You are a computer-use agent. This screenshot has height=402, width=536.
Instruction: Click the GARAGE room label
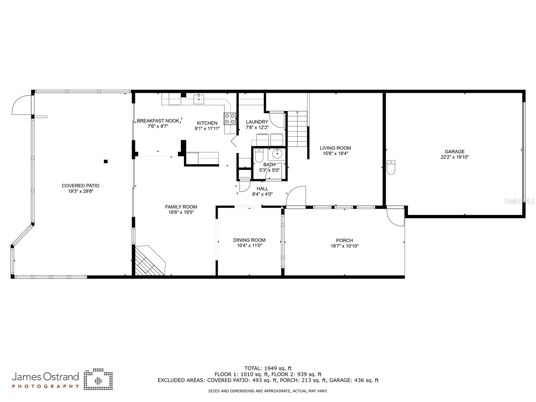tap(455, 151)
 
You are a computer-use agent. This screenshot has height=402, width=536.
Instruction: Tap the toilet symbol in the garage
tap(391, 167)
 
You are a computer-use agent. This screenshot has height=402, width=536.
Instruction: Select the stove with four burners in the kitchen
tap(230, 119)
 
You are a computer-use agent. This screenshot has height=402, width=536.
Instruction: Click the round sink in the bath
tap(277, 154)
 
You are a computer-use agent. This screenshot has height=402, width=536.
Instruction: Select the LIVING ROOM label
tap(335, 148)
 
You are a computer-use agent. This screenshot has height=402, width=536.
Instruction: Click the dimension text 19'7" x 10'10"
tap(344, 246)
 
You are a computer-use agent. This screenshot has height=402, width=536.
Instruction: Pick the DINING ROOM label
tap(249, 240)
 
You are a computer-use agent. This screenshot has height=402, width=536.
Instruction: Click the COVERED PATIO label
tap(80, 186)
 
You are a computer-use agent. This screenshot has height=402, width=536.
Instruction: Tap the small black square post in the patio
tap(106, 161)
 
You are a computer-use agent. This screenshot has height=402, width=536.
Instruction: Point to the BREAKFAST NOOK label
tap(158, 121)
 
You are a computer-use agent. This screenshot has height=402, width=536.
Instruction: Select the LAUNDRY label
tap(257, 122)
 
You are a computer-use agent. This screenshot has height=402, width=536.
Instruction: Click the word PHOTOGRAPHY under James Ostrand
tap(46, 386)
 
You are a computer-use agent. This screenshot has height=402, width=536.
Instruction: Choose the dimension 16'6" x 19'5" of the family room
tap(181, 212)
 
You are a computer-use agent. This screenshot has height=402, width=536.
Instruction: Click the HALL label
tap(262, 189)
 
